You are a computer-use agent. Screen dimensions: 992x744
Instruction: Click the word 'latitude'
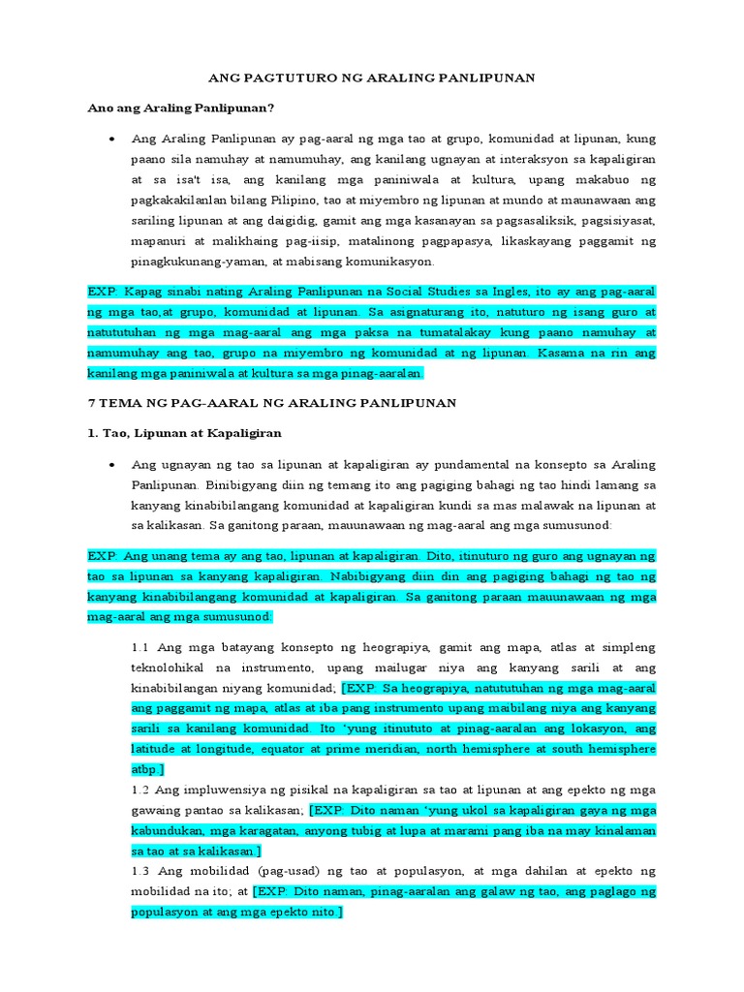pos(156,749)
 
